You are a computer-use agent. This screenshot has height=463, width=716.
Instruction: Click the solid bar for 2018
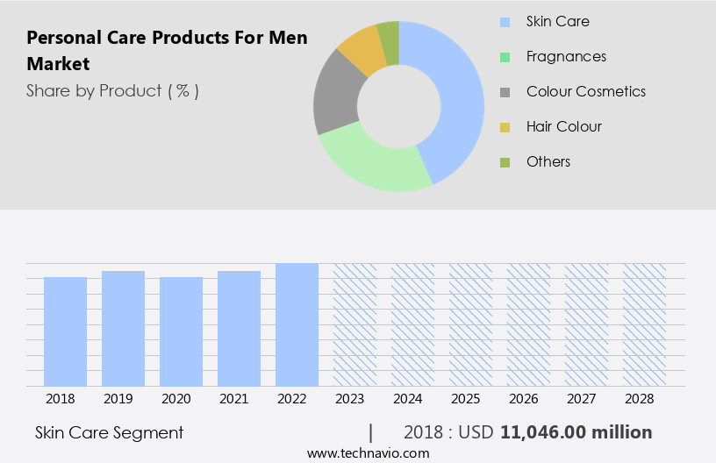point(66,331)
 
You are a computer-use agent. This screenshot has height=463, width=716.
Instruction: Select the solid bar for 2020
point(182,331)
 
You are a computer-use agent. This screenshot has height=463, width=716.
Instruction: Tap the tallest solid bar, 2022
point(297,324)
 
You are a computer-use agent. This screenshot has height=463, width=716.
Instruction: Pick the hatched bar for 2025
point(471,324)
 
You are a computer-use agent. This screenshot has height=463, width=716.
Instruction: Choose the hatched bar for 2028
point(645,324)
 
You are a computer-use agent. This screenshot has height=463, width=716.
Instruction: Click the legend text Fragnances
point(566,56)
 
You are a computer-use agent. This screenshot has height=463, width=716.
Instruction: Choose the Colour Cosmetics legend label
point(585,91)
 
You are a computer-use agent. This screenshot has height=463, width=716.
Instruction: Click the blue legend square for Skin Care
point(505,21)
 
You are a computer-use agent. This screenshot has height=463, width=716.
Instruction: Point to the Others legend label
point(548,161)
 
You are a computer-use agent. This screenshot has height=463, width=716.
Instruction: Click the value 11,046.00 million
point(576,432)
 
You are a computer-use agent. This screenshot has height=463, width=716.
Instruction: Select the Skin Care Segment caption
point(110,432)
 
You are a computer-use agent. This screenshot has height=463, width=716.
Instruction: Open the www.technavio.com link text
point(369,453)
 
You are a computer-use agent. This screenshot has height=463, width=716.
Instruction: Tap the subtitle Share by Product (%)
point(112,90)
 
